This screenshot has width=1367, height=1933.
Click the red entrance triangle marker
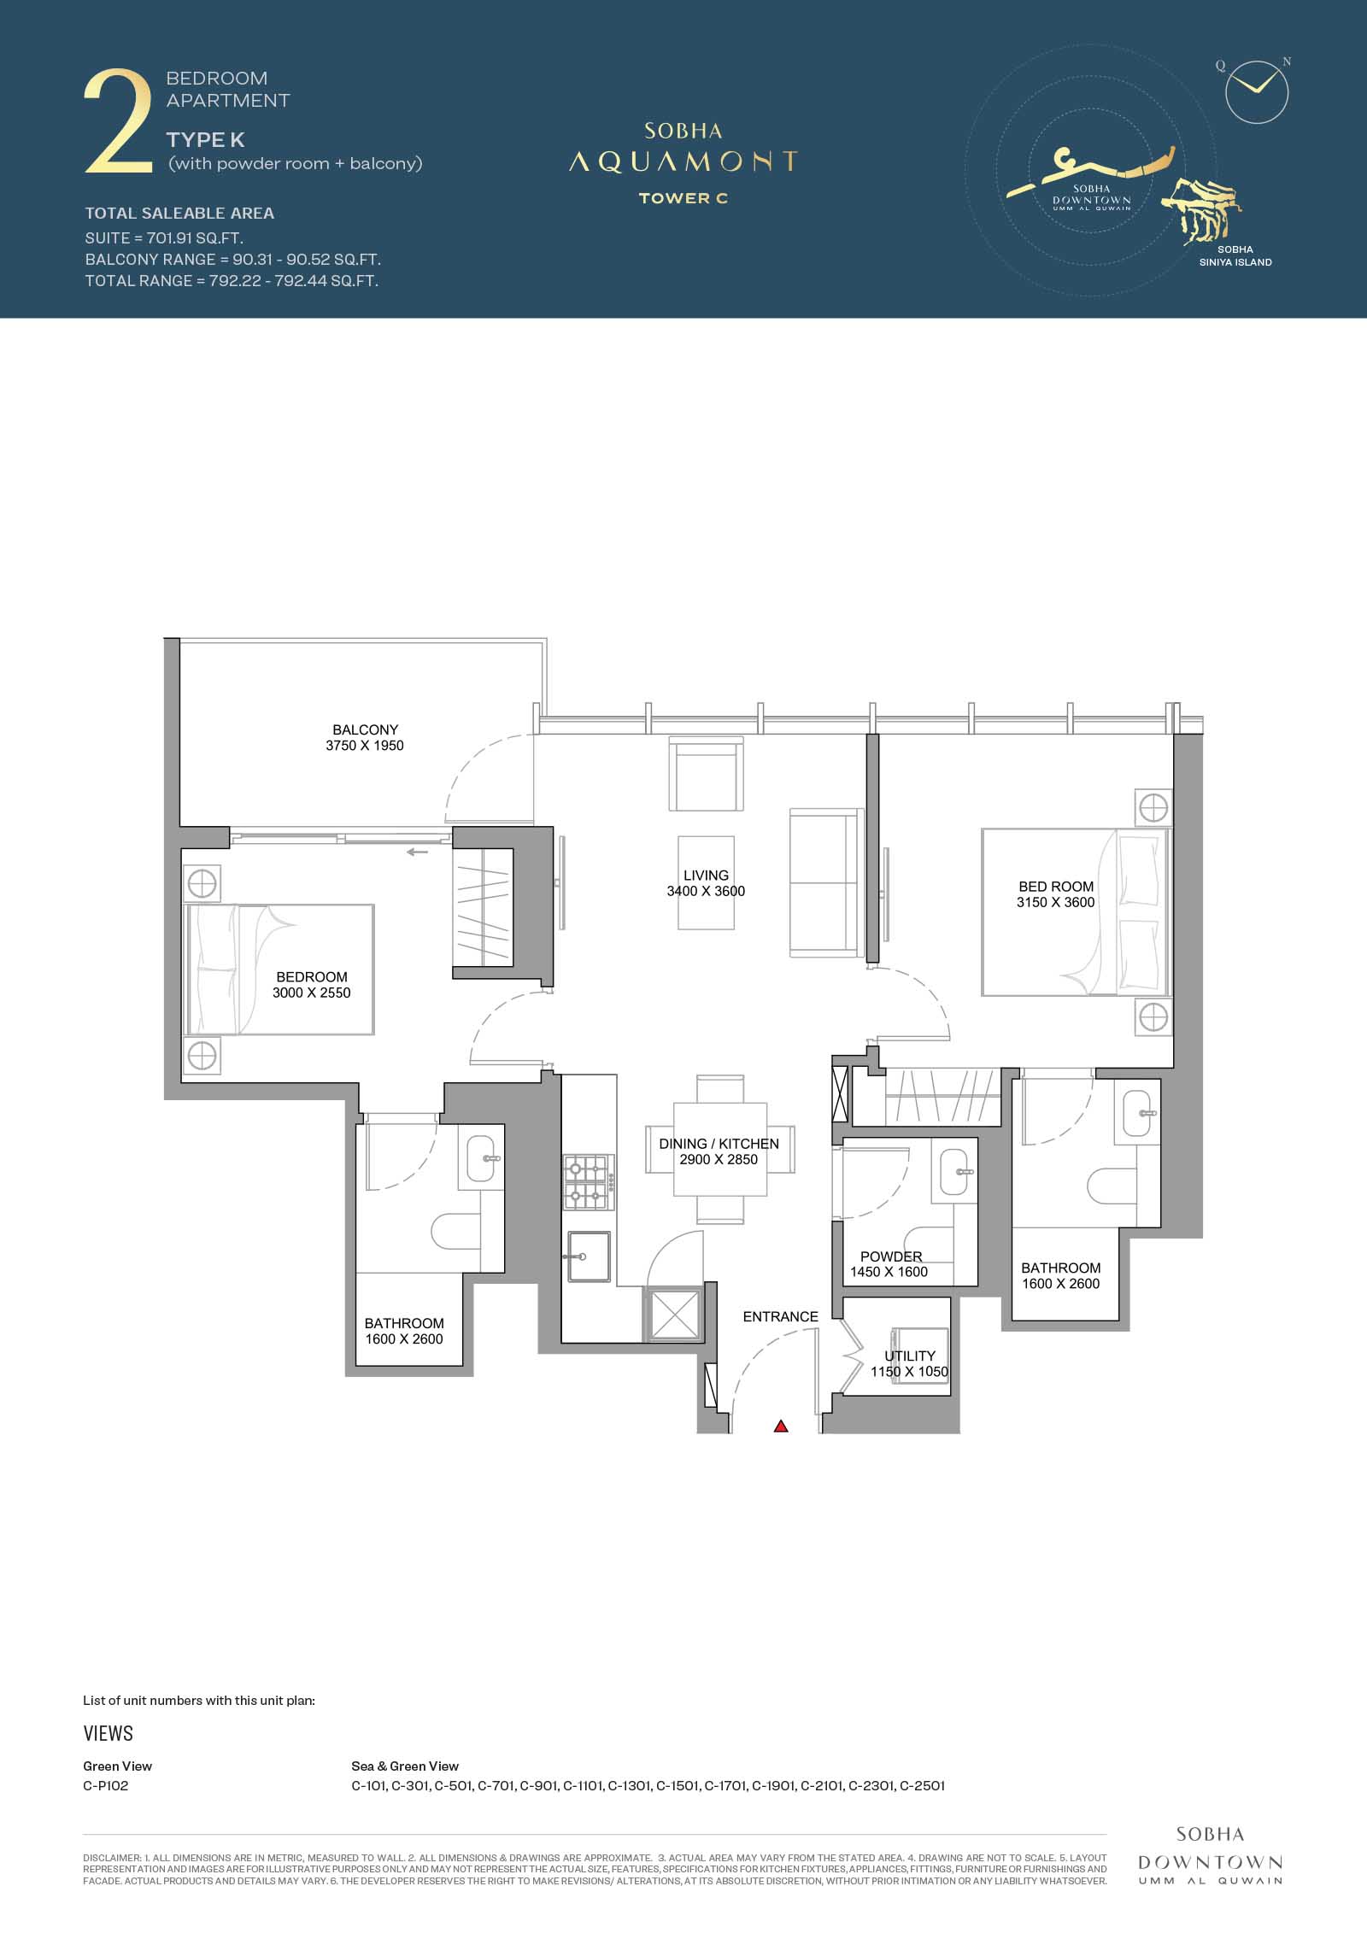(781, 1426)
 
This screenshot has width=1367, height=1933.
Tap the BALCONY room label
(366, 729)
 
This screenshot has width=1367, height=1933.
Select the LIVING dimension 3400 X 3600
(706, 891)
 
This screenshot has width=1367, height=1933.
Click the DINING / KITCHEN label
(719, 1144)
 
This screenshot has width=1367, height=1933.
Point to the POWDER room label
(891, 1256)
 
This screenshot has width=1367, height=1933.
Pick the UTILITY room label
(910, 1356)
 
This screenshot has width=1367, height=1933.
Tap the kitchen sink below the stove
(589, 1256)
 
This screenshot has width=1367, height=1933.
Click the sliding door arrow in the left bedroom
(417, 852)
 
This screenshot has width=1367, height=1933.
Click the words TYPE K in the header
(206, 140)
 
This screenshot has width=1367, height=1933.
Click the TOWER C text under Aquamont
(683, 198)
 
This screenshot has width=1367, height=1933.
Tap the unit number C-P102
(106, 1785)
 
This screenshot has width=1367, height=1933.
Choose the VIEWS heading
(109, 1733)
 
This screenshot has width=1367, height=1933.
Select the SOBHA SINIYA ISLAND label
(1235, 256)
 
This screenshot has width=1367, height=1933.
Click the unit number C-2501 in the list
(923, 1785)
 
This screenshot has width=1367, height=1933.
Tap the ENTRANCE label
(781, 1316)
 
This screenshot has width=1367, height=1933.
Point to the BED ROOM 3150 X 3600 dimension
(1056, 902)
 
